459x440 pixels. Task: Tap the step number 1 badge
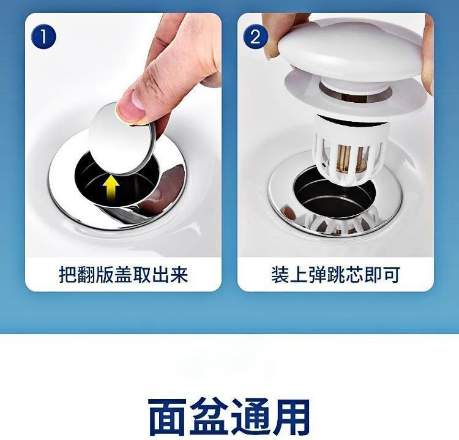click(x=43, y=37)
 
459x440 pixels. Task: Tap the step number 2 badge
click(x=256, y=37)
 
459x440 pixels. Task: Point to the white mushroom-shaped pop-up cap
click(x=351, y=52)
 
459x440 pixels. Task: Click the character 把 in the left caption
click(x=68, y=275)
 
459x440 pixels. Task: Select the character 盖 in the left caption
click(x=124, y=275)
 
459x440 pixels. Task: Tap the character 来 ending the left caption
click(x=179, y=275)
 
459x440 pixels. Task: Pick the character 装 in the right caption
click(x=280, y=275)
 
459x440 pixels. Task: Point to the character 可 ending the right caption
click(x=391, y=275)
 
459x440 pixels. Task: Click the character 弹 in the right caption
click(x=317, y=275)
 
